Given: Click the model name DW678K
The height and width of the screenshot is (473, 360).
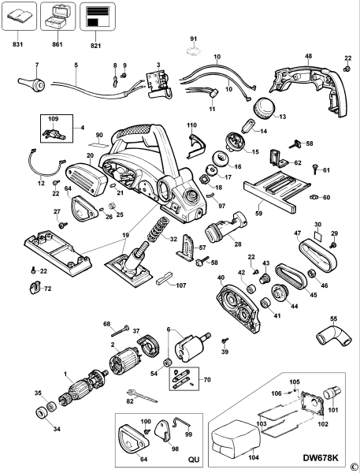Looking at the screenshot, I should coord(324,456).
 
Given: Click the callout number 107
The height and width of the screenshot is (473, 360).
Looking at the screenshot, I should coord(180,285).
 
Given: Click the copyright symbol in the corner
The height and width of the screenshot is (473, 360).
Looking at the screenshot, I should coord(354,466).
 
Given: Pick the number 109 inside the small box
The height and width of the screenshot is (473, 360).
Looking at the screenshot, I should coord(54,119).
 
